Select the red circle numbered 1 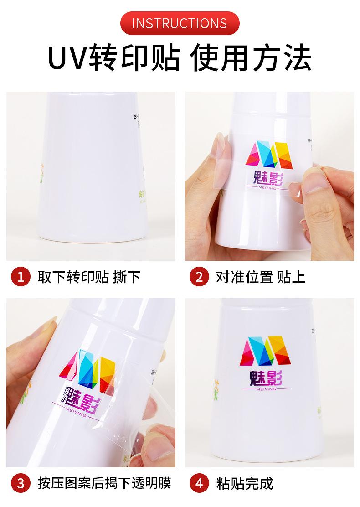(x=19, y=277)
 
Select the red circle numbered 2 (x=199, y=277)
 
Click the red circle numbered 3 (x=19, y=483)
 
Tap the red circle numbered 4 (x=199, y=483)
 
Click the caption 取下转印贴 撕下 (x=89, y=277)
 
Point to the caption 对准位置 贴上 (x=260, y=277)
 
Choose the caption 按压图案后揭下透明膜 (x=104, y=483)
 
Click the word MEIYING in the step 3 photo (x=83, y=410)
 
